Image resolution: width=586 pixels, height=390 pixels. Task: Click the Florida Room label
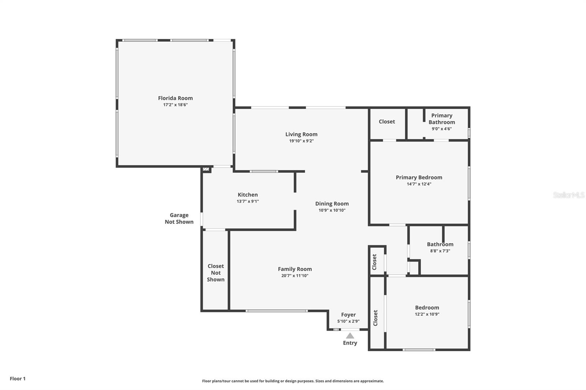[175, 98]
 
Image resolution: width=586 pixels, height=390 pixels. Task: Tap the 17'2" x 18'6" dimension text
[175, 105]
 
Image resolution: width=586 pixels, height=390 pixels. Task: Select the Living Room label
[301, 134]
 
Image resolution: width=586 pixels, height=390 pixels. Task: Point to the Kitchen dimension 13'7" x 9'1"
[248, 201]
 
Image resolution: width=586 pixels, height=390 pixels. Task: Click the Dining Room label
[332, 203]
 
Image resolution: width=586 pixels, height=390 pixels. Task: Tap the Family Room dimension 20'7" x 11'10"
[294, 275]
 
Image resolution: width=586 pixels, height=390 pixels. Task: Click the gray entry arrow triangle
[350, 335]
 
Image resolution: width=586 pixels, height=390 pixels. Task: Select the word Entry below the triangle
[350, 343]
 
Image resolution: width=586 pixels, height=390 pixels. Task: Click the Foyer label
[348, 315]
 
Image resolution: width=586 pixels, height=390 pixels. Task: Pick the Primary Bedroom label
[419, 177]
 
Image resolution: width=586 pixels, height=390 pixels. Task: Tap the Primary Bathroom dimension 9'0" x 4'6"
[441, 129]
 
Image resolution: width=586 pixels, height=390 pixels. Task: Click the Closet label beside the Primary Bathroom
[387, 121]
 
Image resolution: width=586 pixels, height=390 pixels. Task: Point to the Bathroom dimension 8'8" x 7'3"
[440, 251]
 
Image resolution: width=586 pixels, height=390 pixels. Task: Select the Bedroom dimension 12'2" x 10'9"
[427, 314]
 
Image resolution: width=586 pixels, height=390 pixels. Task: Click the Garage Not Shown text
[179, 218]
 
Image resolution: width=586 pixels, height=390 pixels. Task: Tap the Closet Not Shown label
[216, 273]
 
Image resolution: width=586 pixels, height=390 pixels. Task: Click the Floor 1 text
[18, 379]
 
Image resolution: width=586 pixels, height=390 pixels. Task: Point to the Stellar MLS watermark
[568, 195]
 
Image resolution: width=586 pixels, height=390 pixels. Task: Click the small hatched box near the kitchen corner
[206, 169]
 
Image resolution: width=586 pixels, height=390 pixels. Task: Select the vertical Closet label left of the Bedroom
[375, 318]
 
